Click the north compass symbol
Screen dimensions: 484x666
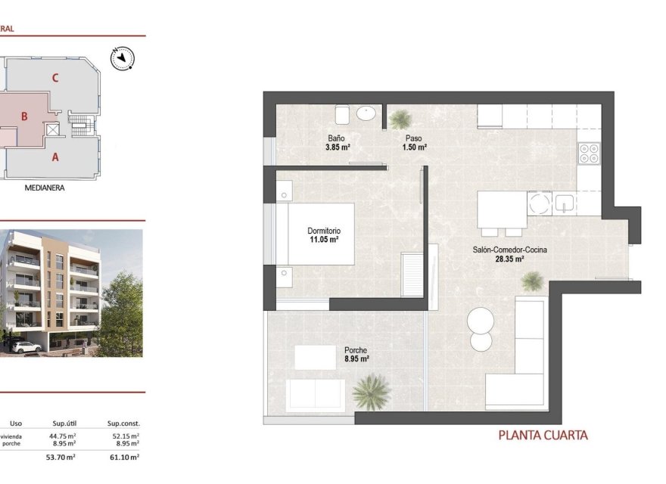point(121,58)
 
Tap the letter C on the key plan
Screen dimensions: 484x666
point(55,77)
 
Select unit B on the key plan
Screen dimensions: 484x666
point(24,116)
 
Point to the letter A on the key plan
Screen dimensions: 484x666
point(55,157)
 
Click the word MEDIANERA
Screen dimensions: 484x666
point(45,188)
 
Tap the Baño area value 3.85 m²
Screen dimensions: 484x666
point(338,147)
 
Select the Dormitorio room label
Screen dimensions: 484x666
point(323,231)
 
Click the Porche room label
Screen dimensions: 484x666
point(356,350)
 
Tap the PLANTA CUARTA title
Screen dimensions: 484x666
point(543,435)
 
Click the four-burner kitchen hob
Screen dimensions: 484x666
point(589,154)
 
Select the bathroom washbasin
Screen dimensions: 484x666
point(366,114)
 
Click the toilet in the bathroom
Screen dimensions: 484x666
point(341,114)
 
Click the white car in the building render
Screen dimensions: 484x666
point(26,346)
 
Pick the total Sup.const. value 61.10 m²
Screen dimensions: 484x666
point(124,457)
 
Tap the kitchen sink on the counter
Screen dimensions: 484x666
point(564,203)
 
